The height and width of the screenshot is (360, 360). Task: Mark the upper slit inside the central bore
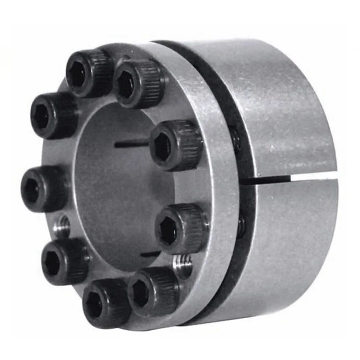click(x=132, y=143)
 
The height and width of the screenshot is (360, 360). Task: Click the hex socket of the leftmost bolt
click(x=32, y=190)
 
